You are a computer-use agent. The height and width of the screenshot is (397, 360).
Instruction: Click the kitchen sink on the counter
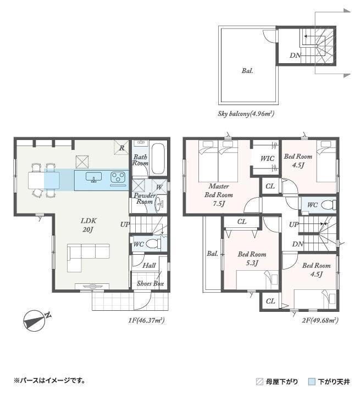[94, 177]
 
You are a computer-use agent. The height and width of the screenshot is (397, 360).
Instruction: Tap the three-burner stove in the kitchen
[118, 177]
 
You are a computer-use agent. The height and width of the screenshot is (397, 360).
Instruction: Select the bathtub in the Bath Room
[157, 159]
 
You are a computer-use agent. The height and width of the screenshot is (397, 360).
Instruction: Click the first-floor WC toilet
[153, 244]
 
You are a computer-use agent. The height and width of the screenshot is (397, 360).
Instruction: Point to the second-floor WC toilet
[328, 205]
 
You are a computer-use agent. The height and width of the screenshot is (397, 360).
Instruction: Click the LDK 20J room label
[88, 225]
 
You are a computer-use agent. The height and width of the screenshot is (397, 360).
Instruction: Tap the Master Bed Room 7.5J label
[218, 195]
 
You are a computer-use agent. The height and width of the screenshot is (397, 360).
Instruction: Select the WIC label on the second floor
[267, 159]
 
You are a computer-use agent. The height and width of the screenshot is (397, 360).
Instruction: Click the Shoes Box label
[150, 283]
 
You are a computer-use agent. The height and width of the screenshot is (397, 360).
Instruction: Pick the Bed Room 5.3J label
[252, 259]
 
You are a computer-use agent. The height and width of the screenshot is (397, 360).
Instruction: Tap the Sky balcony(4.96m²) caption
[246, 114]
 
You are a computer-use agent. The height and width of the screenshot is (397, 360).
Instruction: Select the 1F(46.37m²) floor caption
[146, 321]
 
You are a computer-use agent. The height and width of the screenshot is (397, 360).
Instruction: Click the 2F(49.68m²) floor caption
[320, 320]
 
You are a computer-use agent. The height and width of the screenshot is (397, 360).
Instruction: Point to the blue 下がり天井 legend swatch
[312, 382]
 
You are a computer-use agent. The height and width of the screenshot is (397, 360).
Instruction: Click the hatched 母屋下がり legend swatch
[259, 382]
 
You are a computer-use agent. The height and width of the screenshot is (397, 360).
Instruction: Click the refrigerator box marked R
[121, 147]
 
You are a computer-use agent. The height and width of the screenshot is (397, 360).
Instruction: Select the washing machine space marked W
[159, 187]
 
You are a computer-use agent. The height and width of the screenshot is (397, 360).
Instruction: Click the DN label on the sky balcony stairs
[295, 55]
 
